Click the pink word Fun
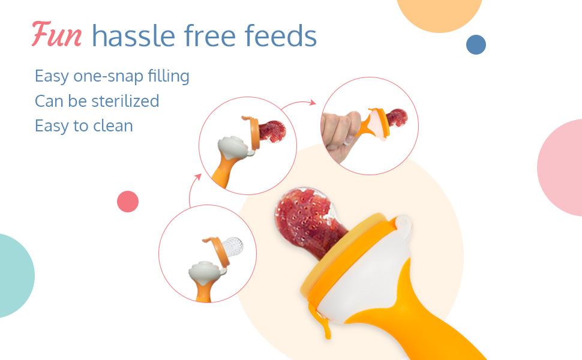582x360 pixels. [57, 35]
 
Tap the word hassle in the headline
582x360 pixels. [134, 35]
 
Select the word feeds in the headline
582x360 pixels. [281, 35]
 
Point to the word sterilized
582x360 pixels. [125, 101]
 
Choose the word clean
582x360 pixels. [113, 126]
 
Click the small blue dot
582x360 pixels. [476, 44]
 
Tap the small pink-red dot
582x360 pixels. [128, 202]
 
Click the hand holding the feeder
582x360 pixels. [340, 134]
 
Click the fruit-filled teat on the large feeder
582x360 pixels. [308, 221]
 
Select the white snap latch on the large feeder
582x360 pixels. [404, 225]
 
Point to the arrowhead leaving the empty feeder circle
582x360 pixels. [198, 177]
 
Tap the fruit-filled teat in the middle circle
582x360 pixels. [272, 131]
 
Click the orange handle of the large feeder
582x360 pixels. [416, 316]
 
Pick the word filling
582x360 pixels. [169, 76]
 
